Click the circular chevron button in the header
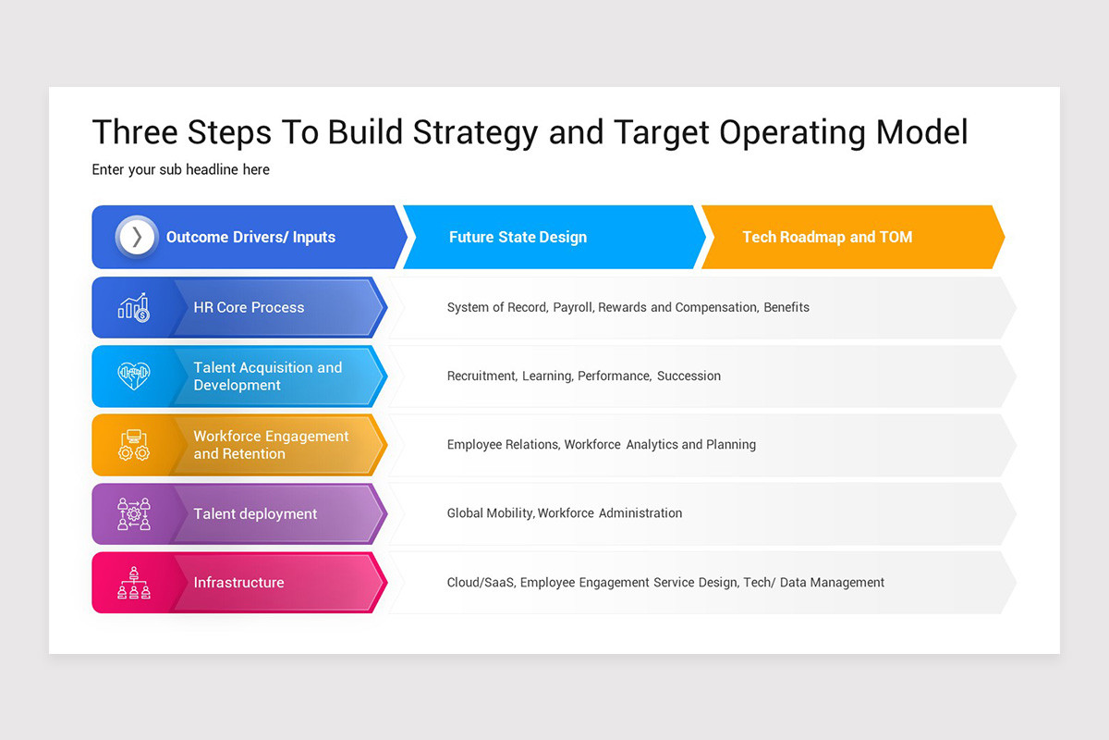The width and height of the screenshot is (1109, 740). pyautogui.click(x=137, y=237)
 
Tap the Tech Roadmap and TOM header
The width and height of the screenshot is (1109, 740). pyautogui.click(x=827, y=237)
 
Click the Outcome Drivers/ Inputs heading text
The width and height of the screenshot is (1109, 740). pyautogui.click(x=250, y=237)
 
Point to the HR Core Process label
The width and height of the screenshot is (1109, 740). pyautogui.click(x=249, y=307)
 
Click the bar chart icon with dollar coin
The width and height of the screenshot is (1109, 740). pyautogui.click(x=134, y=307)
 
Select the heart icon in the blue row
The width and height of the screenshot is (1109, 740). pyautogui.click(x=134, y=376)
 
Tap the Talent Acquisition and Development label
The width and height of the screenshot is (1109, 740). pyautogui.click(x=267, y=376)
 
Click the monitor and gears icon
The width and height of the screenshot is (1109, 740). pyautogui.click(x=134, y=445)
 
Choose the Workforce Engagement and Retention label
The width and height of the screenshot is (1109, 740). pyautogui.click(x=271, y=445)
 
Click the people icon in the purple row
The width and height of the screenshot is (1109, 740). pyautogui.click(x=134, y=513)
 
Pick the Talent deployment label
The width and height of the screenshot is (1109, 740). pyautogui.click(x=255, y=513)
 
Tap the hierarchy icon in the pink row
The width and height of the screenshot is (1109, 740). pyautogui.click(x=134, y=583)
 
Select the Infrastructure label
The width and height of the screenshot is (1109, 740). pyautogui.click(x=238, y=583)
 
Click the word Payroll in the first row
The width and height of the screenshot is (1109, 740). pyautogui.click(x=573, y=307)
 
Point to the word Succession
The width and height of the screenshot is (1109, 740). pyautogui.click(x=689, y=376)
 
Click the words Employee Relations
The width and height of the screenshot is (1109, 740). pyautogui.click(x=503, y=445)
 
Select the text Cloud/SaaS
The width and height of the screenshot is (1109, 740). pyautogui.click(x=481, y=583)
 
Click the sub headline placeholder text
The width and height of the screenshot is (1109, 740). pyautogui.click(x=180, y=169)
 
